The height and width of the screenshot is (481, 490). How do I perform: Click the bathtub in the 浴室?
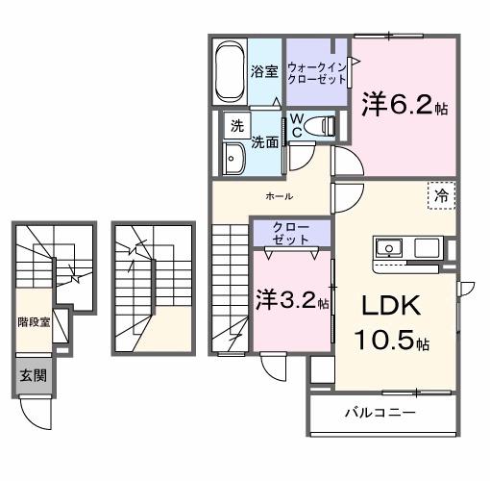tap(229, 70)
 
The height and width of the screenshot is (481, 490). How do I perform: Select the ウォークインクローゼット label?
tap(317, 72)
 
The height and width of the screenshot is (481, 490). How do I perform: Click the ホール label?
tap(280, 196)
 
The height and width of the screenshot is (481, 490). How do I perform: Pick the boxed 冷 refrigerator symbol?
tap(441, 194)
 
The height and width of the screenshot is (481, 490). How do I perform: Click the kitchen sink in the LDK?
tap(388, 246)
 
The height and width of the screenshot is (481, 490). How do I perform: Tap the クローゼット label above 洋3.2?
tap(290, 233)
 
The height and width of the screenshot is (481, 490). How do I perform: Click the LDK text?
tap(390, 305)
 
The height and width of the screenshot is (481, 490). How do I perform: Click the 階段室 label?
tap(34, 322)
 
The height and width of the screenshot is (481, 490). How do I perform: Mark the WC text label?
tap(299, 125)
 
